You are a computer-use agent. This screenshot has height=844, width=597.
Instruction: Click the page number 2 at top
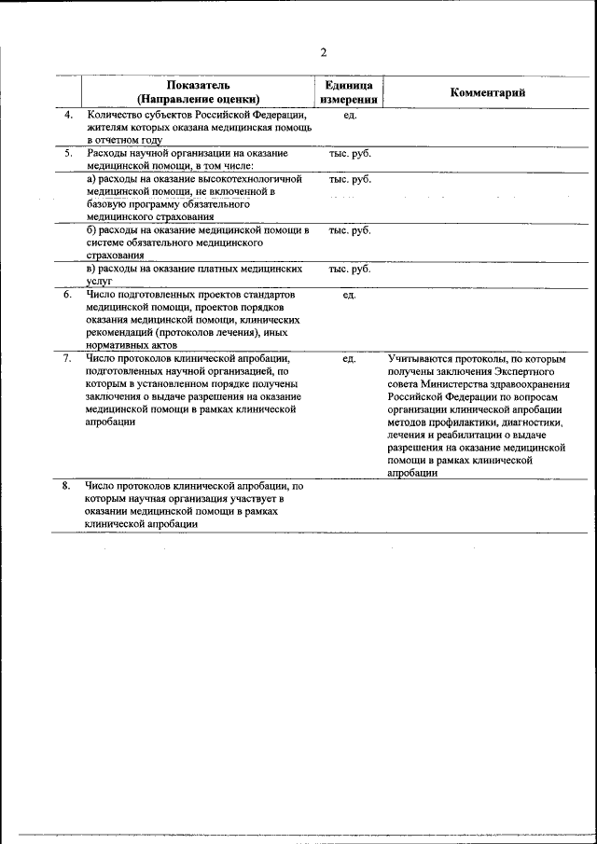[323, 53]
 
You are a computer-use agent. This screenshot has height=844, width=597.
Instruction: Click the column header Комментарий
[488, 91]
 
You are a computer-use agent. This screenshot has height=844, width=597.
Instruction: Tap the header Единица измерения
[349, 91]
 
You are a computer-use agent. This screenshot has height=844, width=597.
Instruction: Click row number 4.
[67, 115]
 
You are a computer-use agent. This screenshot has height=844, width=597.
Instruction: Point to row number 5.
[67, 152]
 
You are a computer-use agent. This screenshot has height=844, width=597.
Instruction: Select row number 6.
[67, 295]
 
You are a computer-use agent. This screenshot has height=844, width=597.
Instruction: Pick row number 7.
[67, 357]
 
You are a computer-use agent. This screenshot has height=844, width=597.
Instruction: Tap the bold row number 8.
[67, 486]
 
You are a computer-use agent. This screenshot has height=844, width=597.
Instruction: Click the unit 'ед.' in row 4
[350, 116]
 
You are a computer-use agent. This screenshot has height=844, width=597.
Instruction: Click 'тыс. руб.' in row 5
[350, 152]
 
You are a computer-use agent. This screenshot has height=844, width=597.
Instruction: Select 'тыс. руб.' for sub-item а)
[350, 179]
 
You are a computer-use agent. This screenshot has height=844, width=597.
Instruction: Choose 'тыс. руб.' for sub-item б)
[350, 230]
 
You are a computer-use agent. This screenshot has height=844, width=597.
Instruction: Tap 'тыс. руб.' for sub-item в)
[350, 269]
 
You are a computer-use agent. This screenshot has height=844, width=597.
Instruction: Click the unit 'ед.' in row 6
[350, 296]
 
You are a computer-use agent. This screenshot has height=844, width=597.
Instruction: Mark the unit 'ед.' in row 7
[350, 358]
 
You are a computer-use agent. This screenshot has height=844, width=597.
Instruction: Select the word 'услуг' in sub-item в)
[100, 280]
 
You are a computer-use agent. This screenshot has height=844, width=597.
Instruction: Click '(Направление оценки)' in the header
[198, 98]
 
